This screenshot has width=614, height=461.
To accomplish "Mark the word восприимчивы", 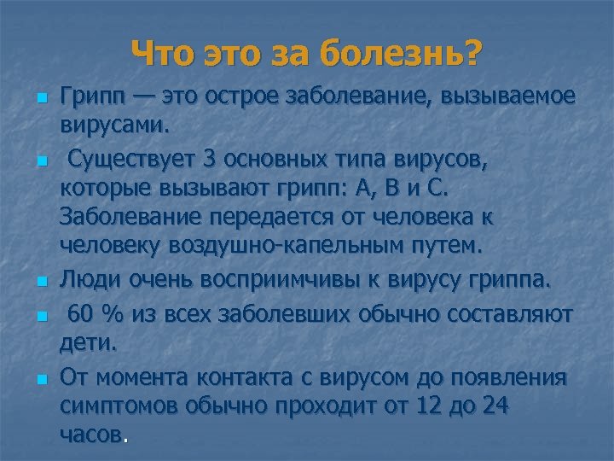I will click(x=277, y=278).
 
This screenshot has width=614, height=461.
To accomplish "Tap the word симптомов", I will click(x=115, y=407).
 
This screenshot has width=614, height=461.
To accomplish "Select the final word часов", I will click(x=91, y=436).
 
